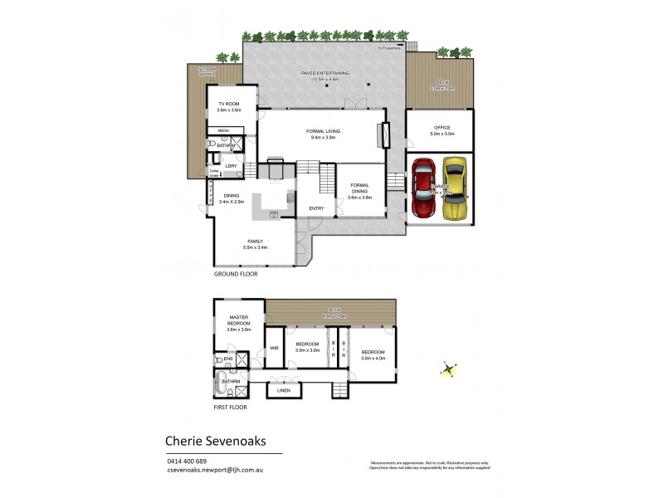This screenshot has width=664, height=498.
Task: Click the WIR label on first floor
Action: tap(274, 349)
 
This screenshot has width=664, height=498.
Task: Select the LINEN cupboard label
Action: tap(284, 389)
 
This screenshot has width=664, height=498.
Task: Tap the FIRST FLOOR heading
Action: tap(230, 407)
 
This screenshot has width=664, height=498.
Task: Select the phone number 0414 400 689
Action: tap(187, 461)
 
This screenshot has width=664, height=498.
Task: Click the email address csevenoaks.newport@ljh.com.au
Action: tap(215, 470)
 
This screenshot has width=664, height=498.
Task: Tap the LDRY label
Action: tap(231, 166)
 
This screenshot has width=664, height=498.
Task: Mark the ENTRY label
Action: tap(316, 208)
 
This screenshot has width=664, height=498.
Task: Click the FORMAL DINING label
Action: tap(360, 188)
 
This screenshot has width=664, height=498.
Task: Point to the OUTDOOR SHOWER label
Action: tap(205, 72)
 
